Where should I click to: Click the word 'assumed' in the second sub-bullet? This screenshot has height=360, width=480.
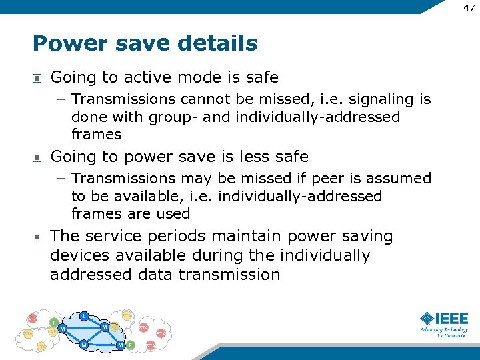coord(402,179)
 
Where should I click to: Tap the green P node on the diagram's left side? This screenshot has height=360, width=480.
coord(54,322)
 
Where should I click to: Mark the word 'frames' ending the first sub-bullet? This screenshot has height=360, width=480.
coord(96,134)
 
